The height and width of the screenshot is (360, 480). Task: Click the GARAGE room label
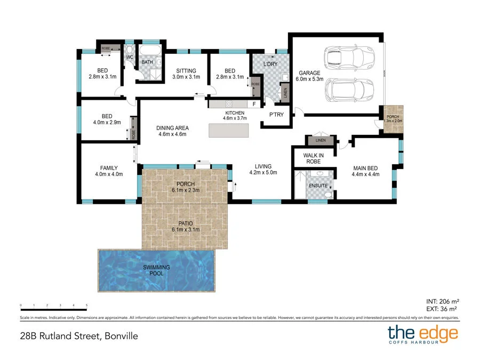(309, 73)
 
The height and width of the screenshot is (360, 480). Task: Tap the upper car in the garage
(349, 56)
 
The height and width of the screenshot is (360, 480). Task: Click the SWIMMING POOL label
(156, 270)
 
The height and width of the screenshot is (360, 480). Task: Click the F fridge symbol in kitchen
(254, 103)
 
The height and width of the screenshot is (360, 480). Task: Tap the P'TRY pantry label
(276, 115)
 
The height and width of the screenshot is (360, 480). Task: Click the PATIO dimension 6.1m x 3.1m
(185, 229)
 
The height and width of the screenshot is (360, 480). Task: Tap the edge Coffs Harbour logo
(422, 334)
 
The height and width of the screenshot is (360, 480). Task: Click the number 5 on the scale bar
(86, 306)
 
